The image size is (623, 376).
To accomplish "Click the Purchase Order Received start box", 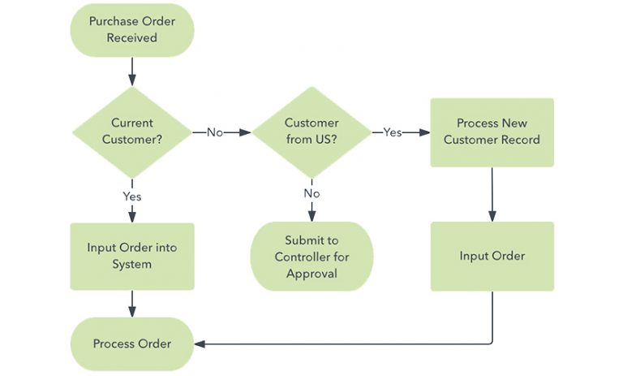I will tap(132, 29).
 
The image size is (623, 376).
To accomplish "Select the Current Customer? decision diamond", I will tap(132, 132).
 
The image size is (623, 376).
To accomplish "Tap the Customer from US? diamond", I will tap(311, 132).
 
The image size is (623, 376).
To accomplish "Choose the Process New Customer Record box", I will tap(492, 132).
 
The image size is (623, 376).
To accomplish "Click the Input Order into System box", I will tap(132, 256).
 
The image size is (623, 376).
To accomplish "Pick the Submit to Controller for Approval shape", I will tap(311, 257).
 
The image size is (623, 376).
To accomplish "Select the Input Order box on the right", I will tap(492, 256).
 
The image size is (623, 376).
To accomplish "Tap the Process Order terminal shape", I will tap(132, 344).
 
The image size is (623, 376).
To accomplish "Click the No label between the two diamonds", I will tap(215, 132).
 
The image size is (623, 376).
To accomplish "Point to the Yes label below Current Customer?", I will tap(132, 196).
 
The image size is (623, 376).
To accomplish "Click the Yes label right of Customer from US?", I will tap(392, 132).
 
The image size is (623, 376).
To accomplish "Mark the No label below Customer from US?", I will tap(311, 193).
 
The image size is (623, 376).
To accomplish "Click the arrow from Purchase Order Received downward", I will tap(132, 71).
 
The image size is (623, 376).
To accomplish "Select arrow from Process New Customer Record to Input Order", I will tap(492, 193).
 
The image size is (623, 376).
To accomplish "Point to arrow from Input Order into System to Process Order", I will tap(132, 303).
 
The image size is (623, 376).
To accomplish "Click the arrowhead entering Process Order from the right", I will tap(200, 344).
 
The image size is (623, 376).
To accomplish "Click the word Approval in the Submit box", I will tap(311, 274).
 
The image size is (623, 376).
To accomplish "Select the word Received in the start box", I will tap(132, 37).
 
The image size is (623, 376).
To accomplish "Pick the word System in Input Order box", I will tap(132, 264).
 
